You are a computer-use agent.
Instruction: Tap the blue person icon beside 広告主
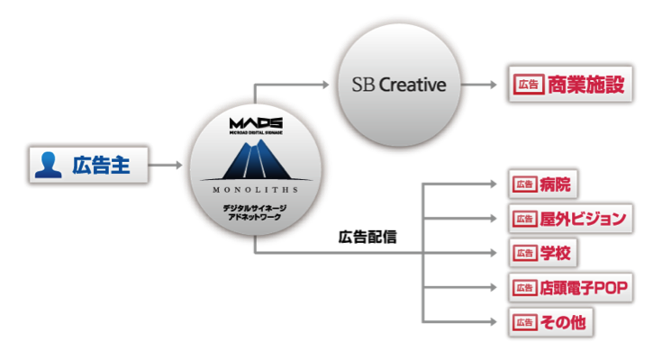coord(47,166)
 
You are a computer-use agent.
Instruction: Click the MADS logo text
coord(256,123)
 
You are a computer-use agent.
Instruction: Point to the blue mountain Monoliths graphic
coord(256,160)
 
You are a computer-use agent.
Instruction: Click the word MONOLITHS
coord(256,191)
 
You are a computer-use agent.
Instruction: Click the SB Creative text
coord(398,85)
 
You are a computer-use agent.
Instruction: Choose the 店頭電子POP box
coord(570,287)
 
